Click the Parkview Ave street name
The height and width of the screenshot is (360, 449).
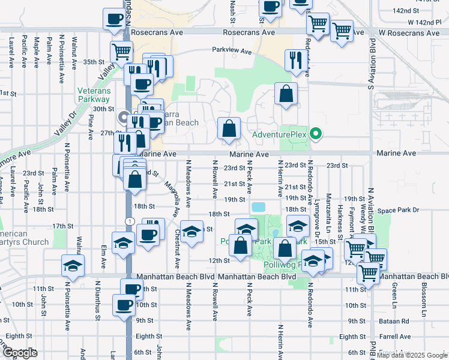pos(231,52)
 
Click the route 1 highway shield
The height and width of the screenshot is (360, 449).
pos(130,221)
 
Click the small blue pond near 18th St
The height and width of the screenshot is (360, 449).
pos(259,207)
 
